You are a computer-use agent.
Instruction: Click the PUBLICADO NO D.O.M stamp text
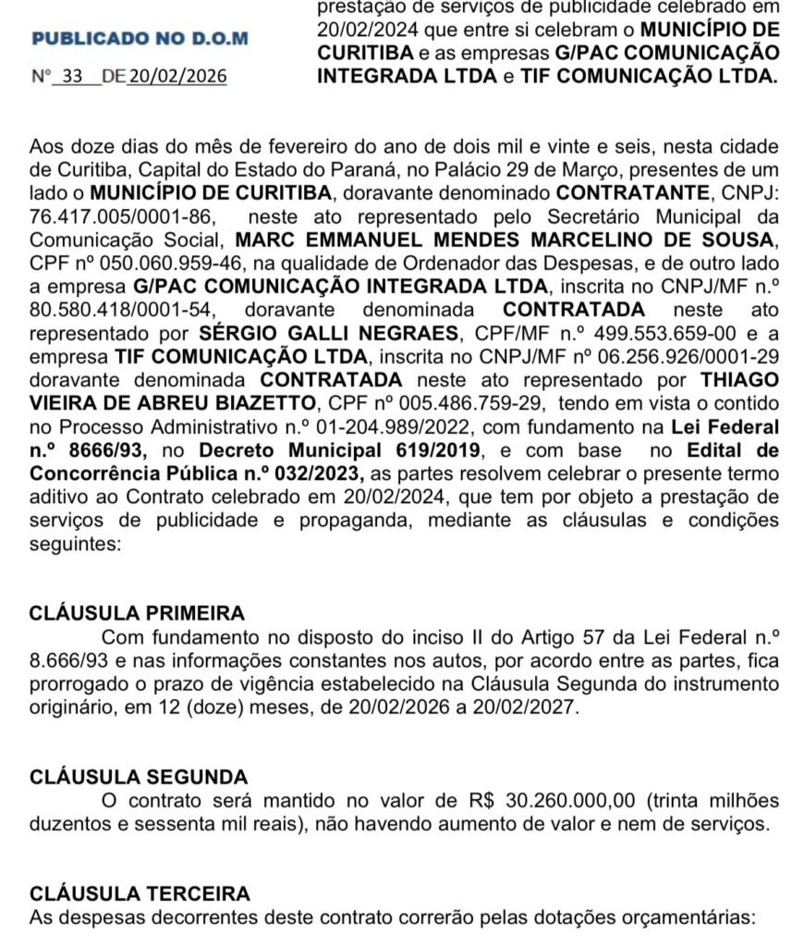(140, 39)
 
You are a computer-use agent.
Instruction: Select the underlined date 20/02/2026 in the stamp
(177, 77)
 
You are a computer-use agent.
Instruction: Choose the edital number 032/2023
(310, 473)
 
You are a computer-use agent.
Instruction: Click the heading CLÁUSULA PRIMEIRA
(138, 613)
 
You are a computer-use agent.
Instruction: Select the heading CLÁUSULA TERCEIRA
(140, 894)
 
